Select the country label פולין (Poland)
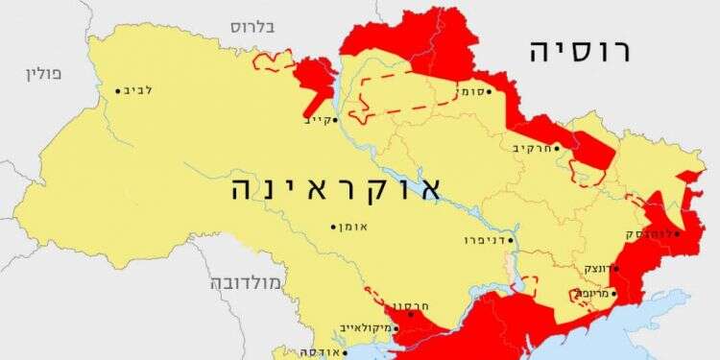(43, 74)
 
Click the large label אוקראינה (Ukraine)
(335, 187)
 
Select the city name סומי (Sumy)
(468, 92)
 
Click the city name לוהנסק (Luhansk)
(648, 233)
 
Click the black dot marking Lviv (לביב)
(119, 91)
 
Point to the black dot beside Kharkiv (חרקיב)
(557, 148)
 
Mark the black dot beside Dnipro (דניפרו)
(511, 239)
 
